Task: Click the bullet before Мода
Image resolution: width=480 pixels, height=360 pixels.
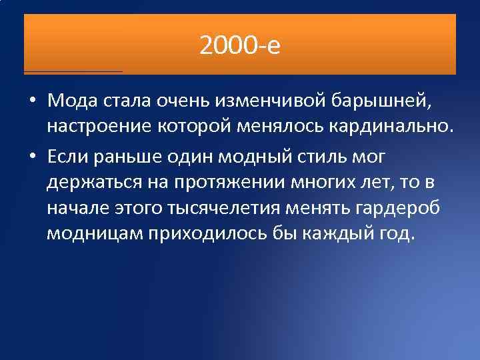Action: (x=32, y=101)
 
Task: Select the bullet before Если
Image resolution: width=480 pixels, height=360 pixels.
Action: (x=32, y=156)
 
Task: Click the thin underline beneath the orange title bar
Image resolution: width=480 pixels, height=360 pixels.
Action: (x=73, y=71)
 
